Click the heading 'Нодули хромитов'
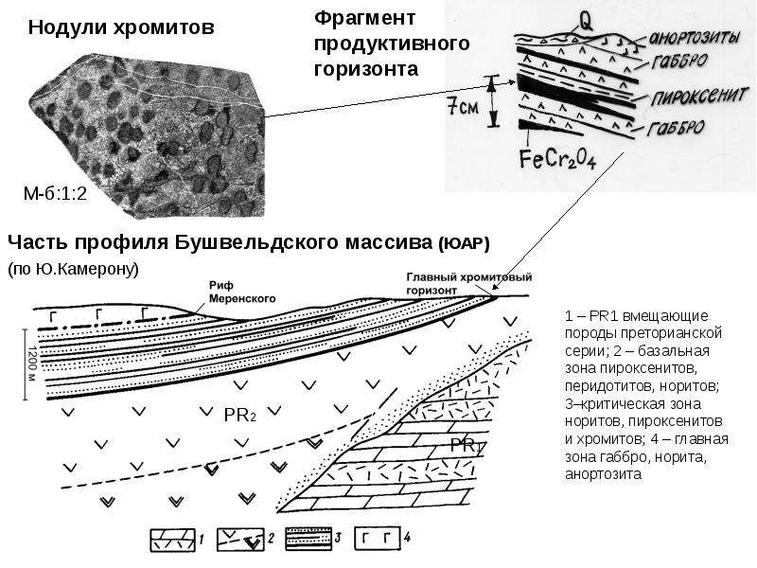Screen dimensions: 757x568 tap(121, 27)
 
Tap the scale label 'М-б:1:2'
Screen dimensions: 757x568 tap(55, 194)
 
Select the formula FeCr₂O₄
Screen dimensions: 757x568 tap(557, 159)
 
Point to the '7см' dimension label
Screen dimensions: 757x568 tap(463, 106)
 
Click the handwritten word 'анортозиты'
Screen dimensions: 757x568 tap(695, 37)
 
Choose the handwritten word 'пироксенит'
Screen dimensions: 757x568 tap(699, 97)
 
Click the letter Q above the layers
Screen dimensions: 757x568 tap(586, 21)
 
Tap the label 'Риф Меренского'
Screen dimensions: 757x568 tap(242, 293)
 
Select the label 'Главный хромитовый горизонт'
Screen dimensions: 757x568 tap(468, 283)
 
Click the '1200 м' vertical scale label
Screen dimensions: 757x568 tap(32, 365)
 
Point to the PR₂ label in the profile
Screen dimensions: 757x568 tap(240, 415)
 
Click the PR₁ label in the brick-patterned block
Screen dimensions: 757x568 tap(467, 446)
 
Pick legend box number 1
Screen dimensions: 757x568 tap(172, 539)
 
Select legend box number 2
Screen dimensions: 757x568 tap(240, 539)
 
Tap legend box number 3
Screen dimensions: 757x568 tap(308, 539)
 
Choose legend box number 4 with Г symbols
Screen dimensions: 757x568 tap(378, 538)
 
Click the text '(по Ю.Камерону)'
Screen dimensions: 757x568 tap(73, 269)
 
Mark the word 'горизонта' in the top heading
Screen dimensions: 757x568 tap(366, 68)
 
